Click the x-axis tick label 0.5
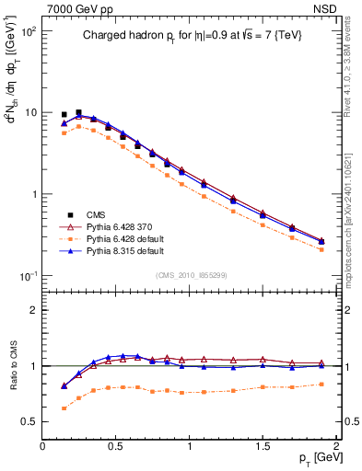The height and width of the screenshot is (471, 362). tap(116, 446)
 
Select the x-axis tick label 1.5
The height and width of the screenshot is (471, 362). tap(263, 446)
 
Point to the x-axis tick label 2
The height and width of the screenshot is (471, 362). tap(336, 446)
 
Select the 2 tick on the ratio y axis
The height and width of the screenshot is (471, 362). tap(34, 310)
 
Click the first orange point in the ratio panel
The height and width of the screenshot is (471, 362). tap(64, 408)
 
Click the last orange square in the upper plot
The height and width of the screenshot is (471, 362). tap(321, 249)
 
